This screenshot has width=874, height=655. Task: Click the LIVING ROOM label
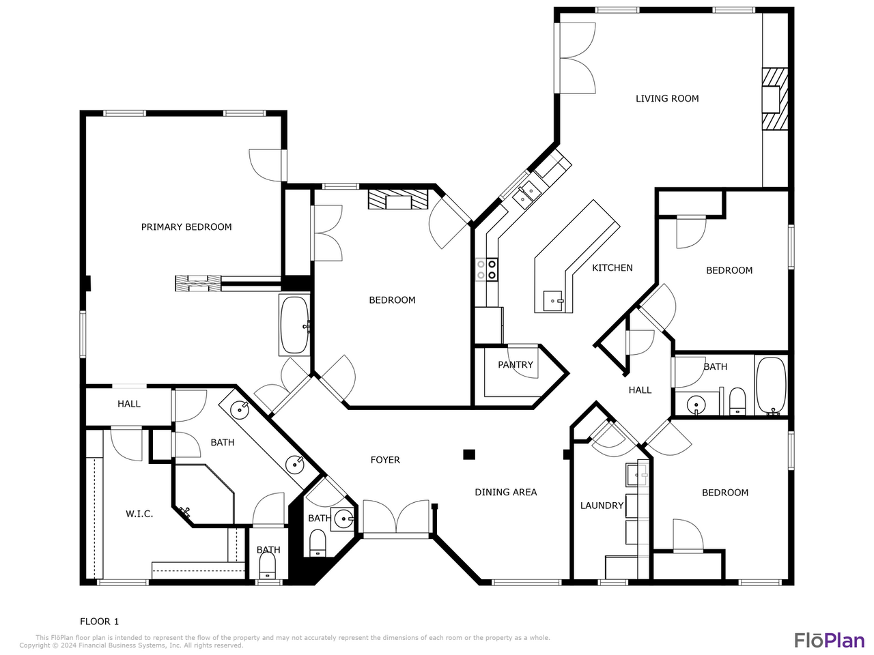click(x=667, y=98)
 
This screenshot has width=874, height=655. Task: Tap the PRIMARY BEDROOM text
click(x=186, y=227)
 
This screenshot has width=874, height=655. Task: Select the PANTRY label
click(x=516, y=364)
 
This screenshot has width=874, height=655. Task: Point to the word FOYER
click(x=385, y=460)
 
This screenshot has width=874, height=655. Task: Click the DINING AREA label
click(x=506, y=492)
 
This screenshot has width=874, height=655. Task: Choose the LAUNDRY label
click(x=602, y=506)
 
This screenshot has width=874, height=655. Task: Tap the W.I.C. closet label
click(x=139, y=514)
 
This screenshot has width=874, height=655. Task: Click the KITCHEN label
click(x=612, y=267)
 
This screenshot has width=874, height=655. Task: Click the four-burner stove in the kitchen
click(x=487, y=270)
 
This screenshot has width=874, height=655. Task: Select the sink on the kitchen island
click(x=553, y=301)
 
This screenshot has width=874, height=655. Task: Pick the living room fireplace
click(x=775, y=99)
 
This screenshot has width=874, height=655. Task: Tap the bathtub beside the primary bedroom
click(x=295, y=325)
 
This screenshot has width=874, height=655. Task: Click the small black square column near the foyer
click(x=469, y=454)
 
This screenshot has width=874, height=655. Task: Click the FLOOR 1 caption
click(x=99, y=621)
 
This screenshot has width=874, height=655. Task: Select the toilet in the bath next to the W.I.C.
click(x=268, y=566)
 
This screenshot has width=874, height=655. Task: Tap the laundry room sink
click(x=636, y=475)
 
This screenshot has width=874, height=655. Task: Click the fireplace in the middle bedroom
click(x=398, y=199)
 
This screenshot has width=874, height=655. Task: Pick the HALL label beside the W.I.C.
click(x=128, y=404)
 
